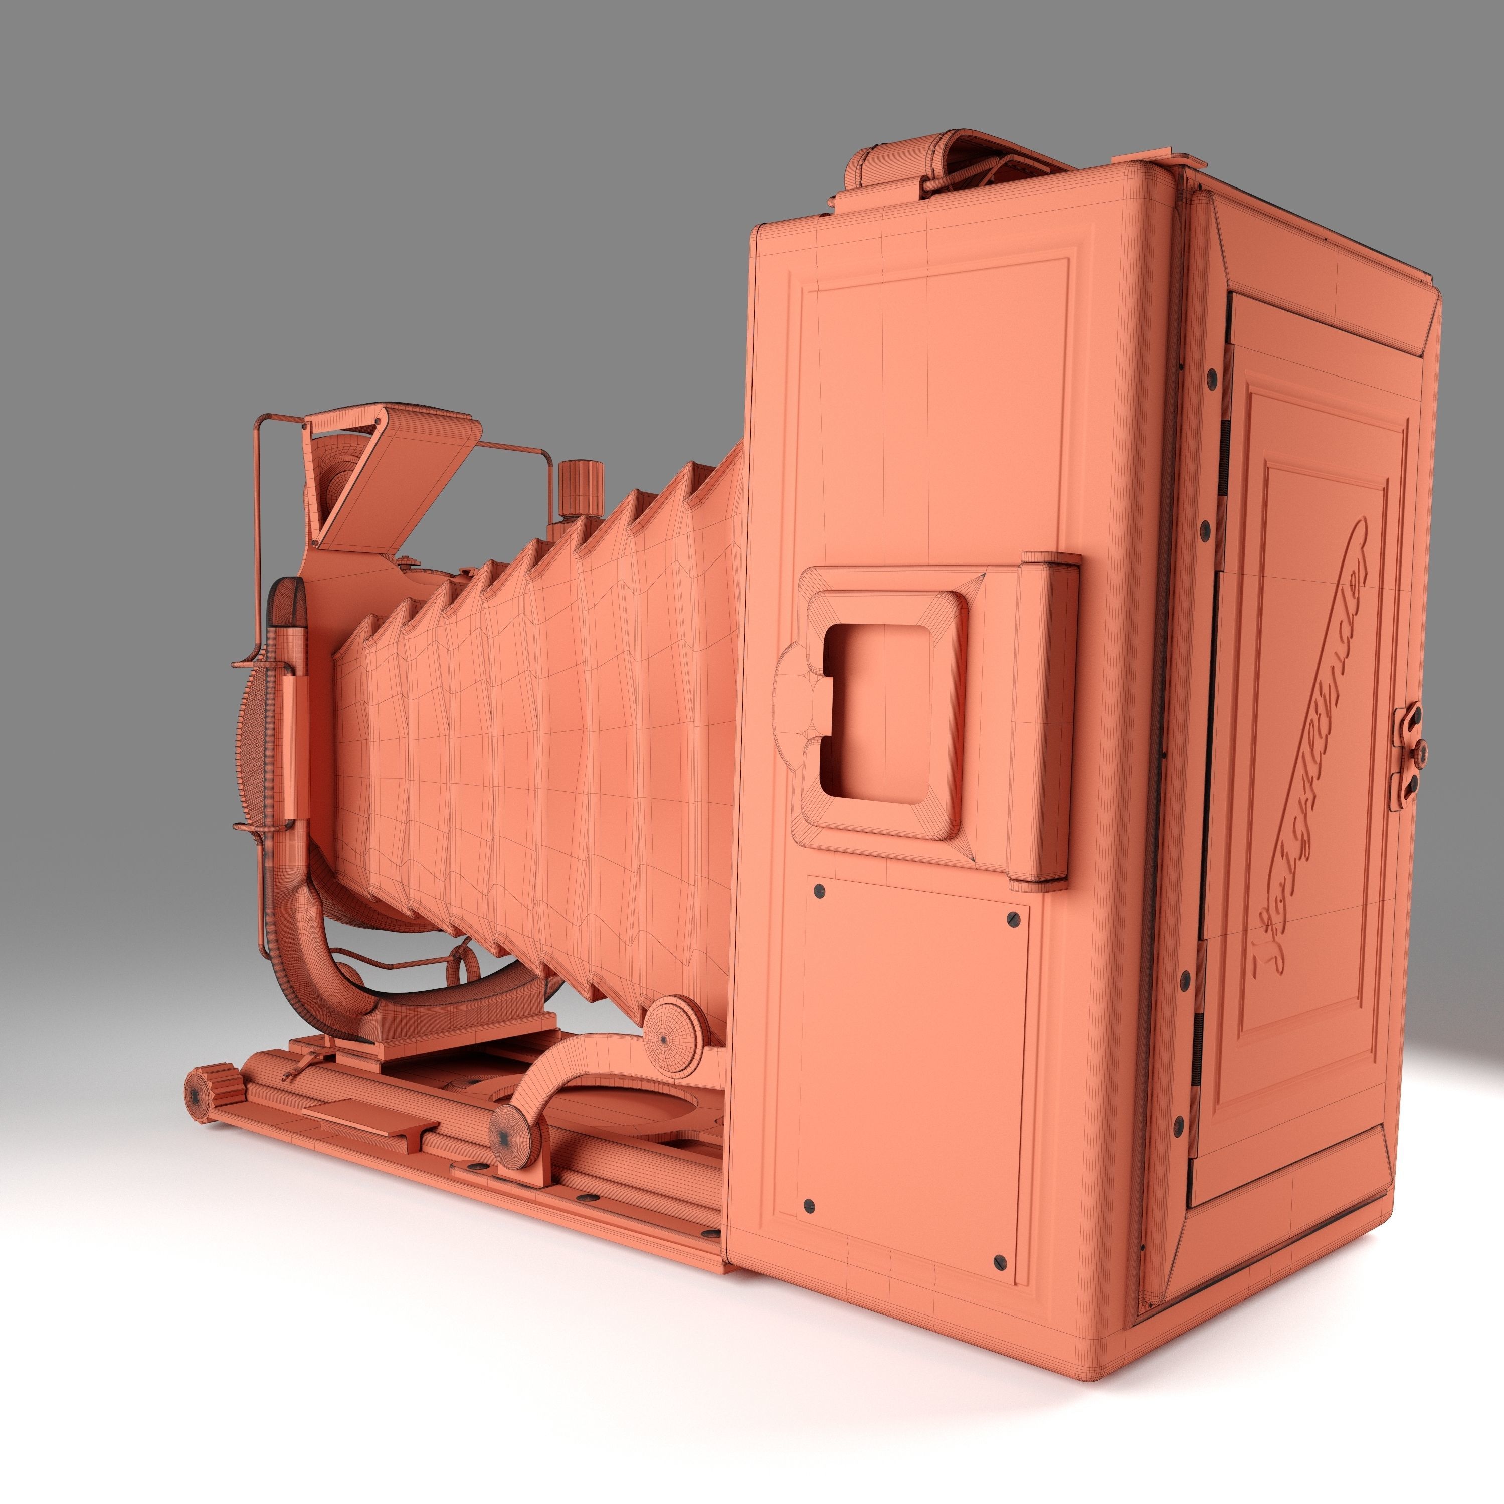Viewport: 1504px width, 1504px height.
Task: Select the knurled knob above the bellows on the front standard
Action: (x=582, y=488)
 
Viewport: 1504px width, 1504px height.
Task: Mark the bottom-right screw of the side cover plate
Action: (x=1000, y=1259)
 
